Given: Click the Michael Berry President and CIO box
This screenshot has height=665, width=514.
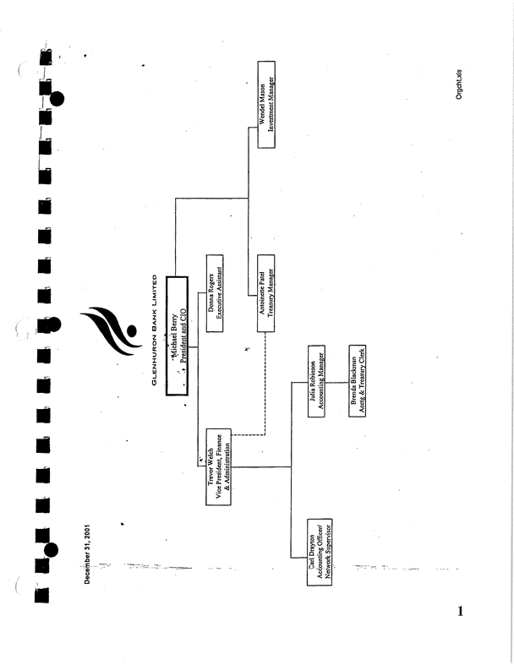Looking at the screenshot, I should [x=178, y=335].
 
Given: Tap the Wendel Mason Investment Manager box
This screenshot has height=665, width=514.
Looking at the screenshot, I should [x=267, y=106].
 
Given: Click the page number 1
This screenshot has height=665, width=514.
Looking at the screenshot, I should [x=460, y=612].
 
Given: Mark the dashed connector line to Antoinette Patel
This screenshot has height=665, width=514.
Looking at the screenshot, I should [x=265, y=389].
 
